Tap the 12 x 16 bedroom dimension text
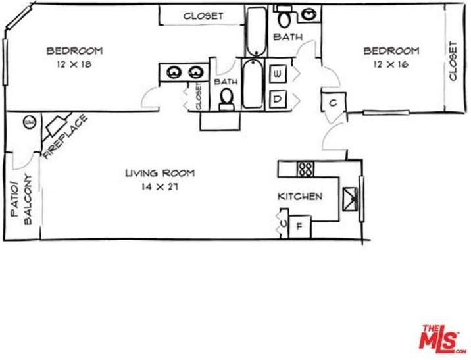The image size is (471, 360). tap(391, 64)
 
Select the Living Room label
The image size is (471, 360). tap(161, 173)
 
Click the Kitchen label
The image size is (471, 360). tap(300, 196)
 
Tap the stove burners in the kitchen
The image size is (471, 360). tap(305, 169)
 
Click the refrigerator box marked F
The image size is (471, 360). tap(299, 226)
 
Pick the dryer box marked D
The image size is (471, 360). tap(278, 99)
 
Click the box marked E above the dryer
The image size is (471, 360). tap(278, 74)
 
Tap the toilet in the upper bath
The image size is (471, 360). tap(285, 18)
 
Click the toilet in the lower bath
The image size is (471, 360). tap(227, 98)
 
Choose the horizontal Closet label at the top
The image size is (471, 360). tap(203, 16)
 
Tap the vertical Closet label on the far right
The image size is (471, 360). tap(453, 61)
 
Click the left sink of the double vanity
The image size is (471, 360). tap(174, 72)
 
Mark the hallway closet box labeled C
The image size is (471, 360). tap(333, 103)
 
